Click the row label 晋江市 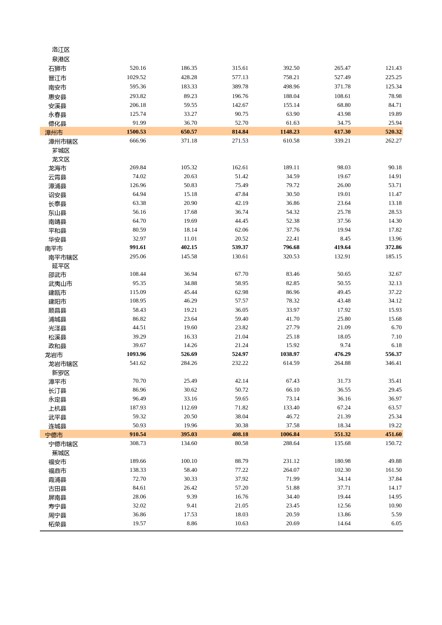(x=57, y=78)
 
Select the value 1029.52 (x=136, y=77)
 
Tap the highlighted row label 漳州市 (x=54, y=133)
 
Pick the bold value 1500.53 (x=136, y=132)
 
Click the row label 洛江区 (x=61, y=50)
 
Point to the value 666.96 (x=138, y=141)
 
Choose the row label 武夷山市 (x=60, y=284)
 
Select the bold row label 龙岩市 (x=54, y=355)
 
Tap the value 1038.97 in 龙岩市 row (x=290, y=354)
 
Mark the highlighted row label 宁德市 (x=54, y=435)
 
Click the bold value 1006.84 (x=290, y=434)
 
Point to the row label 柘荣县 (x=57, y=524)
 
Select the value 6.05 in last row (x=396, y=523)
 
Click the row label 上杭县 (x=57, y=408)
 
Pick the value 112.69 (x=189, y=408)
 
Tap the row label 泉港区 (x=61, y=60)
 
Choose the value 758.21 (x=291, y=77)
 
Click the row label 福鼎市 (x=57, y=471)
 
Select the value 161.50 (x=394, y=470)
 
